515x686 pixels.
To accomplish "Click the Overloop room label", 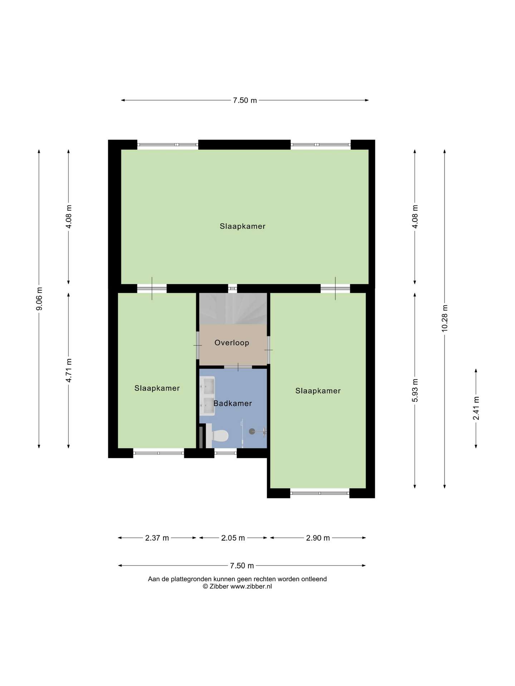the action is point(232,343).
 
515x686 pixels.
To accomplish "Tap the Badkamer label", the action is point(232,403).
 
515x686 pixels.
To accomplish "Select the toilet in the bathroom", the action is point(217,436).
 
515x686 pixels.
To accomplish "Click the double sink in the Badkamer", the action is point(207,396).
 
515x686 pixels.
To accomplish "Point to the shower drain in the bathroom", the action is point(252,431).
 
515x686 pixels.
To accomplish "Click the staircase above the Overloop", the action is point(233,309).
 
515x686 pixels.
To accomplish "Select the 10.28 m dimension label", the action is point(445,318).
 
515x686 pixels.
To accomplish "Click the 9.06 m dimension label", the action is point(39,299).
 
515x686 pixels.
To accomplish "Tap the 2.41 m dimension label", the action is point(476,408).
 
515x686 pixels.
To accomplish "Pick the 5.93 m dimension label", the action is point(415,390).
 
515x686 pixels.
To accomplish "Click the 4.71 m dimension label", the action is point(69,371).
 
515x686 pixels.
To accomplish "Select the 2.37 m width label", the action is point(157,538).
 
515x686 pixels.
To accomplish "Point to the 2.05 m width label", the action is point(233,538).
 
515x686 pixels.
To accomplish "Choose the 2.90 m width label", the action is point(318,538).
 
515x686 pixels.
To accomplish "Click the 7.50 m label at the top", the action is point(245,100).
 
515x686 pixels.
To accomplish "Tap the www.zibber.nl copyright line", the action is point(237,586).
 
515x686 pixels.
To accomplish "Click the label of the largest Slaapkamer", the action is point(242,226).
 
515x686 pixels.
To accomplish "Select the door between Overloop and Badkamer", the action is point(238,367).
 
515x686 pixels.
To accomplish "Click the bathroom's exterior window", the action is point(226,453).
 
